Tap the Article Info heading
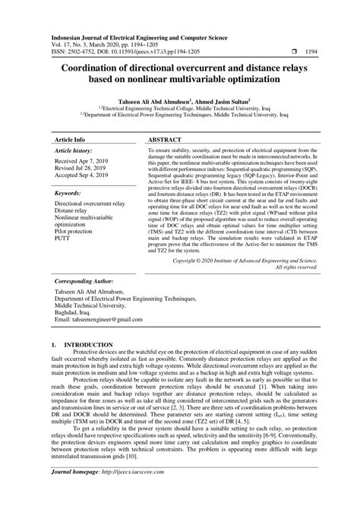click(x=69, y=141)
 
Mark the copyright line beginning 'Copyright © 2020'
click(x=245, y=260)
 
